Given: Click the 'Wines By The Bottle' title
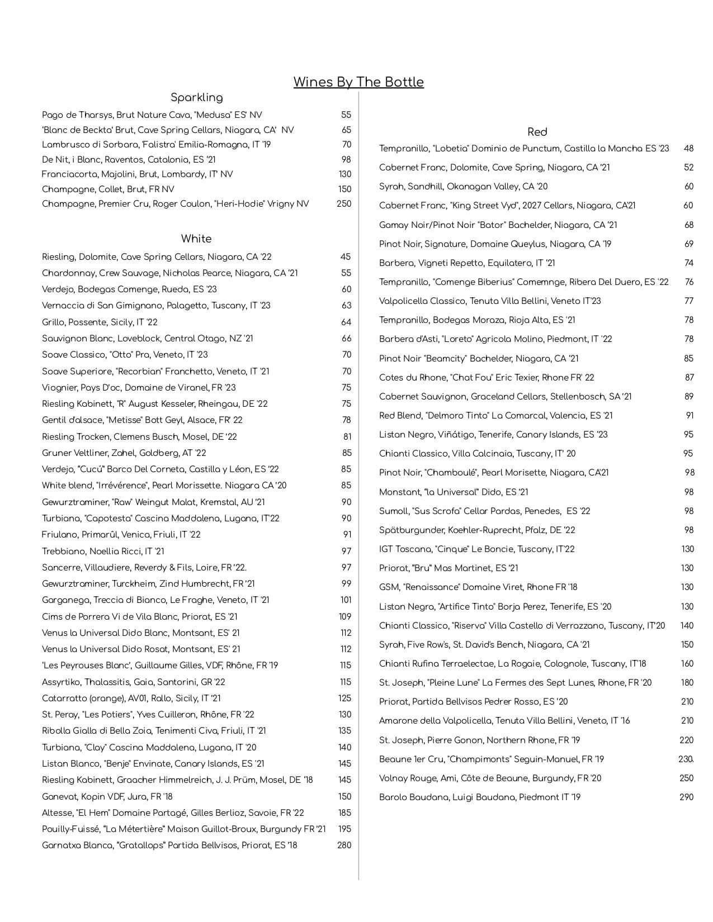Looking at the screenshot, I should (358, 82).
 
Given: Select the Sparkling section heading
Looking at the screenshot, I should (196, 97).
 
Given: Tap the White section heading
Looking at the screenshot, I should (196, 239).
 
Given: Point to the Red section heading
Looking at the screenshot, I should (537, 132).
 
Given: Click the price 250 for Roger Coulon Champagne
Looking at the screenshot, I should (344, 204).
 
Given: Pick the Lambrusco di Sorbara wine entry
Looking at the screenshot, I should (156, 145).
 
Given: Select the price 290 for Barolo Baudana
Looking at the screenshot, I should (686, 797).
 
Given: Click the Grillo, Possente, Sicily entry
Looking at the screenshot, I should (100, 322).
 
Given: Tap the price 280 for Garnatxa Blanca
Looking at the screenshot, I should (344, 845).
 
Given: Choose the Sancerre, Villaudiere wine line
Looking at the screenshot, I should (144, 568).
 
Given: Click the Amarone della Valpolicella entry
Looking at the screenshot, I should (504, 721).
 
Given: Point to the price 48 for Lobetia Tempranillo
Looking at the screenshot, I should (688, 149).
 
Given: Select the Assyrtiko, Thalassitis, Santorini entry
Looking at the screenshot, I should (133, 682).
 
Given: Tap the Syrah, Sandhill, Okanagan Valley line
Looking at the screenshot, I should (463, 187).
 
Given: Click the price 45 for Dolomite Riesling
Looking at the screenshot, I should (346, 257).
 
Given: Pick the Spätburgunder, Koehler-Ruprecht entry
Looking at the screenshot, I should (477, 530).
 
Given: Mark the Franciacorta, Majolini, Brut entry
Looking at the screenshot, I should (137, 174).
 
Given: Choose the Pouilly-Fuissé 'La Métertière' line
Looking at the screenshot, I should (183, 829).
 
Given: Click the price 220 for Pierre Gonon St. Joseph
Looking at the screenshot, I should (686, 740).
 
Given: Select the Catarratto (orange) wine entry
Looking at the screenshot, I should (131, 698).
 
